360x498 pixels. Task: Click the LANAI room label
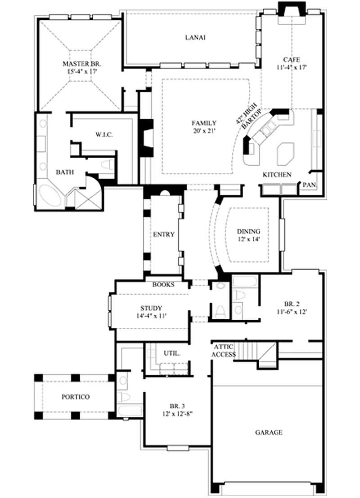click(x=195, y=38)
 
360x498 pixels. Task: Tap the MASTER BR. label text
click(x=80, y=63)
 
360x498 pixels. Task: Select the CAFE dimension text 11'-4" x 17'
click(x=291, y=67)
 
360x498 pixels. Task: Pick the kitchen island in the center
click(x=284, y=154)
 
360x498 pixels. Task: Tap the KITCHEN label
click(x=277, y=175)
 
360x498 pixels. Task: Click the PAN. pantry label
click(x=309, y=185)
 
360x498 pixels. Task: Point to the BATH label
click(x=65, y=172)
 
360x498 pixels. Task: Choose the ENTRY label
click(x=164, y=235)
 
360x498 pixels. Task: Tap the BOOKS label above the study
click(x=163, y=285)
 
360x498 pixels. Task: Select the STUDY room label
click(x=151, y=308)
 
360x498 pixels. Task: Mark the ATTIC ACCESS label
click(x=224, y=351)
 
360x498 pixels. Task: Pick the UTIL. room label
click(x=171, y=353)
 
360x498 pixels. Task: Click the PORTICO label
click(x=76, y=397)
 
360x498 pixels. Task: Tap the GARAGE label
click(x=269, y=432)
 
